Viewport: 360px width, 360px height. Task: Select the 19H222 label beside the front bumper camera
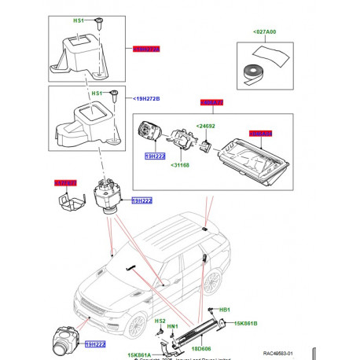click(94, 343)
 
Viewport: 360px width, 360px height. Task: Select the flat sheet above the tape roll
click(271, 53)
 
